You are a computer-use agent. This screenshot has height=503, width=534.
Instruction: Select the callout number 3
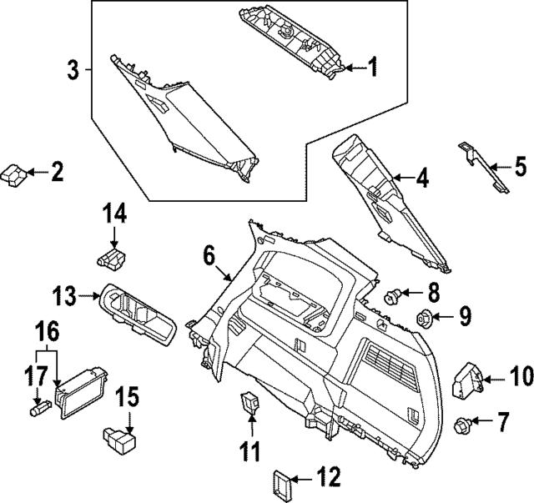(73, 70)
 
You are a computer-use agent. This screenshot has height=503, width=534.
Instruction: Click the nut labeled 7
(460, 426)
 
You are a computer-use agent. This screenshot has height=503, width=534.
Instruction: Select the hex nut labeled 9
(424, 317)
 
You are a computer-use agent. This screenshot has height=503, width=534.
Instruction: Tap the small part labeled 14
(112, 259)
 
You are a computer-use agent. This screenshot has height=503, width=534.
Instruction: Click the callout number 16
(48, 332)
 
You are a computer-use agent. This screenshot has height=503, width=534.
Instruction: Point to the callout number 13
(64, 295)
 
